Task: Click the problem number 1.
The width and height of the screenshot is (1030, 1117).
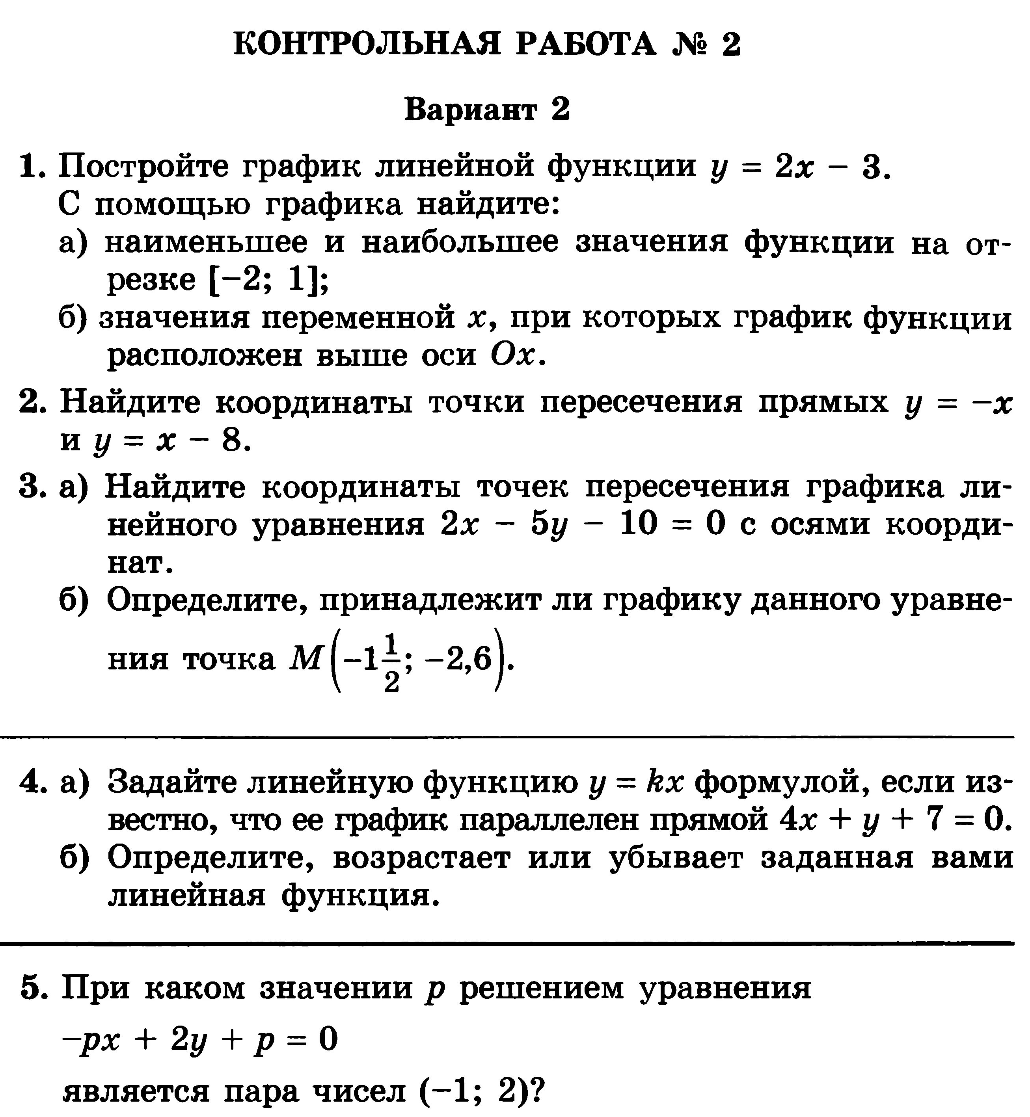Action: [31, 167]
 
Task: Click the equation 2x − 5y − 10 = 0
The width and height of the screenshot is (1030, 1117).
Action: [583, 525]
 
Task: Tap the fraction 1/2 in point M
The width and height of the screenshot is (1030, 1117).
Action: [392, 663]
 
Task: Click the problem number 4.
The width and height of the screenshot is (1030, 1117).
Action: [31, 783]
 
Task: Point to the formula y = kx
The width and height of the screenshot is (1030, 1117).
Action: [636, 783]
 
